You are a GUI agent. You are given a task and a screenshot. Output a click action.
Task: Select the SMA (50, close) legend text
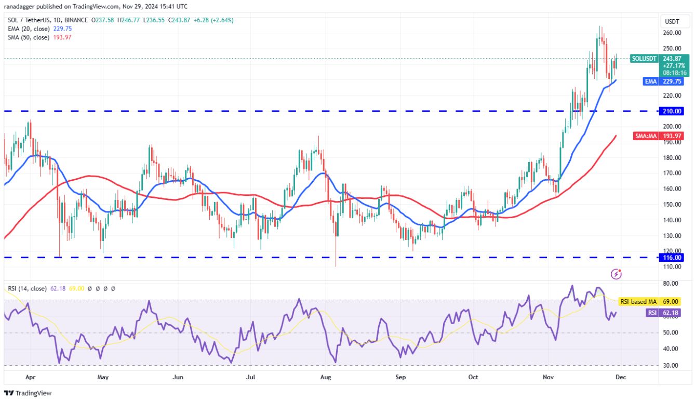pos(29,37)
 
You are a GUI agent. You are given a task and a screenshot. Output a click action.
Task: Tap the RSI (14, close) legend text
pos(27,288)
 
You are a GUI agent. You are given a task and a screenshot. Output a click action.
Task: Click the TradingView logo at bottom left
pos(28,393)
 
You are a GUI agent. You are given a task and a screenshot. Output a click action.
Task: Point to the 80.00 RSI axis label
pos(671,284)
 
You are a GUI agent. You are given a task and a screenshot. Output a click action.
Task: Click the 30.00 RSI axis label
pos(671,365)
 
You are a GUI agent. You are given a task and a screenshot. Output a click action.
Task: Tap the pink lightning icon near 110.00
pos(617,273)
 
